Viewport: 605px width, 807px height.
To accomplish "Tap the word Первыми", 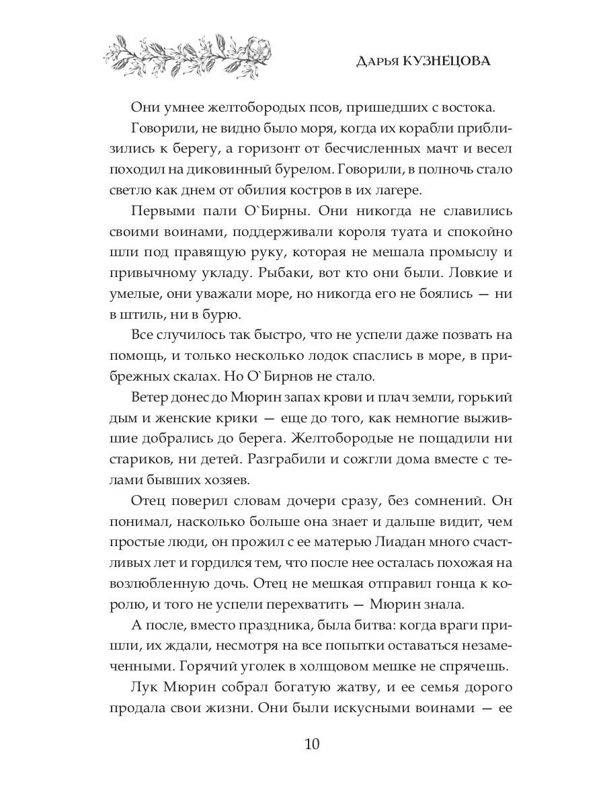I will (163, 211).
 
